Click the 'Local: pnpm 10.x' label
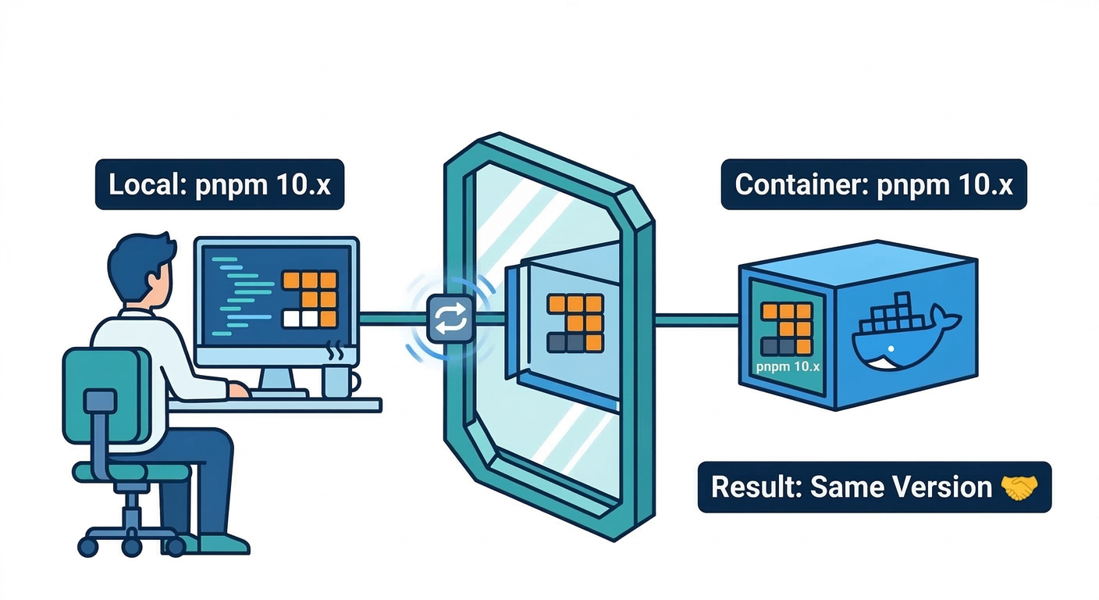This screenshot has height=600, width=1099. (x=219, y=185)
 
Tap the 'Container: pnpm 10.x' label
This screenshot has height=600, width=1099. (x=873, y=185)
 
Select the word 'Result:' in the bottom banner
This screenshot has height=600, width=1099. (x=756, y=487)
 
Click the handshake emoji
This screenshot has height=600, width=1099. (x=1019, y=487)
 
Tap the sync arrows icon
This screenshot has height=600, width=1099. (x=450, y=319)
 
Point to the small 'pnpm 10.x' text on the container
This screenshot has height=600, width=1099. (x=787, y=366)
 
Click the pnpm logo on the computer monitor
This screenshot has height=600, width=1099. (x=309, y=299)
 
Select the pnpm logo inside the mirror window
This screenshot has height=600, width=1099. (x=575, y=323)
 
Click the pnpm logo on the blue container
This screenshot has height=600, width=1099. (x=786, y=328)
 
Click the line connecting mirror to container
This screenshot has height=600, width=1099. (x=695, y=319)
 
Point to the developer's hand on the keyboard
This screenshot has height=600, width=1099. (x=238, y=390)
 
